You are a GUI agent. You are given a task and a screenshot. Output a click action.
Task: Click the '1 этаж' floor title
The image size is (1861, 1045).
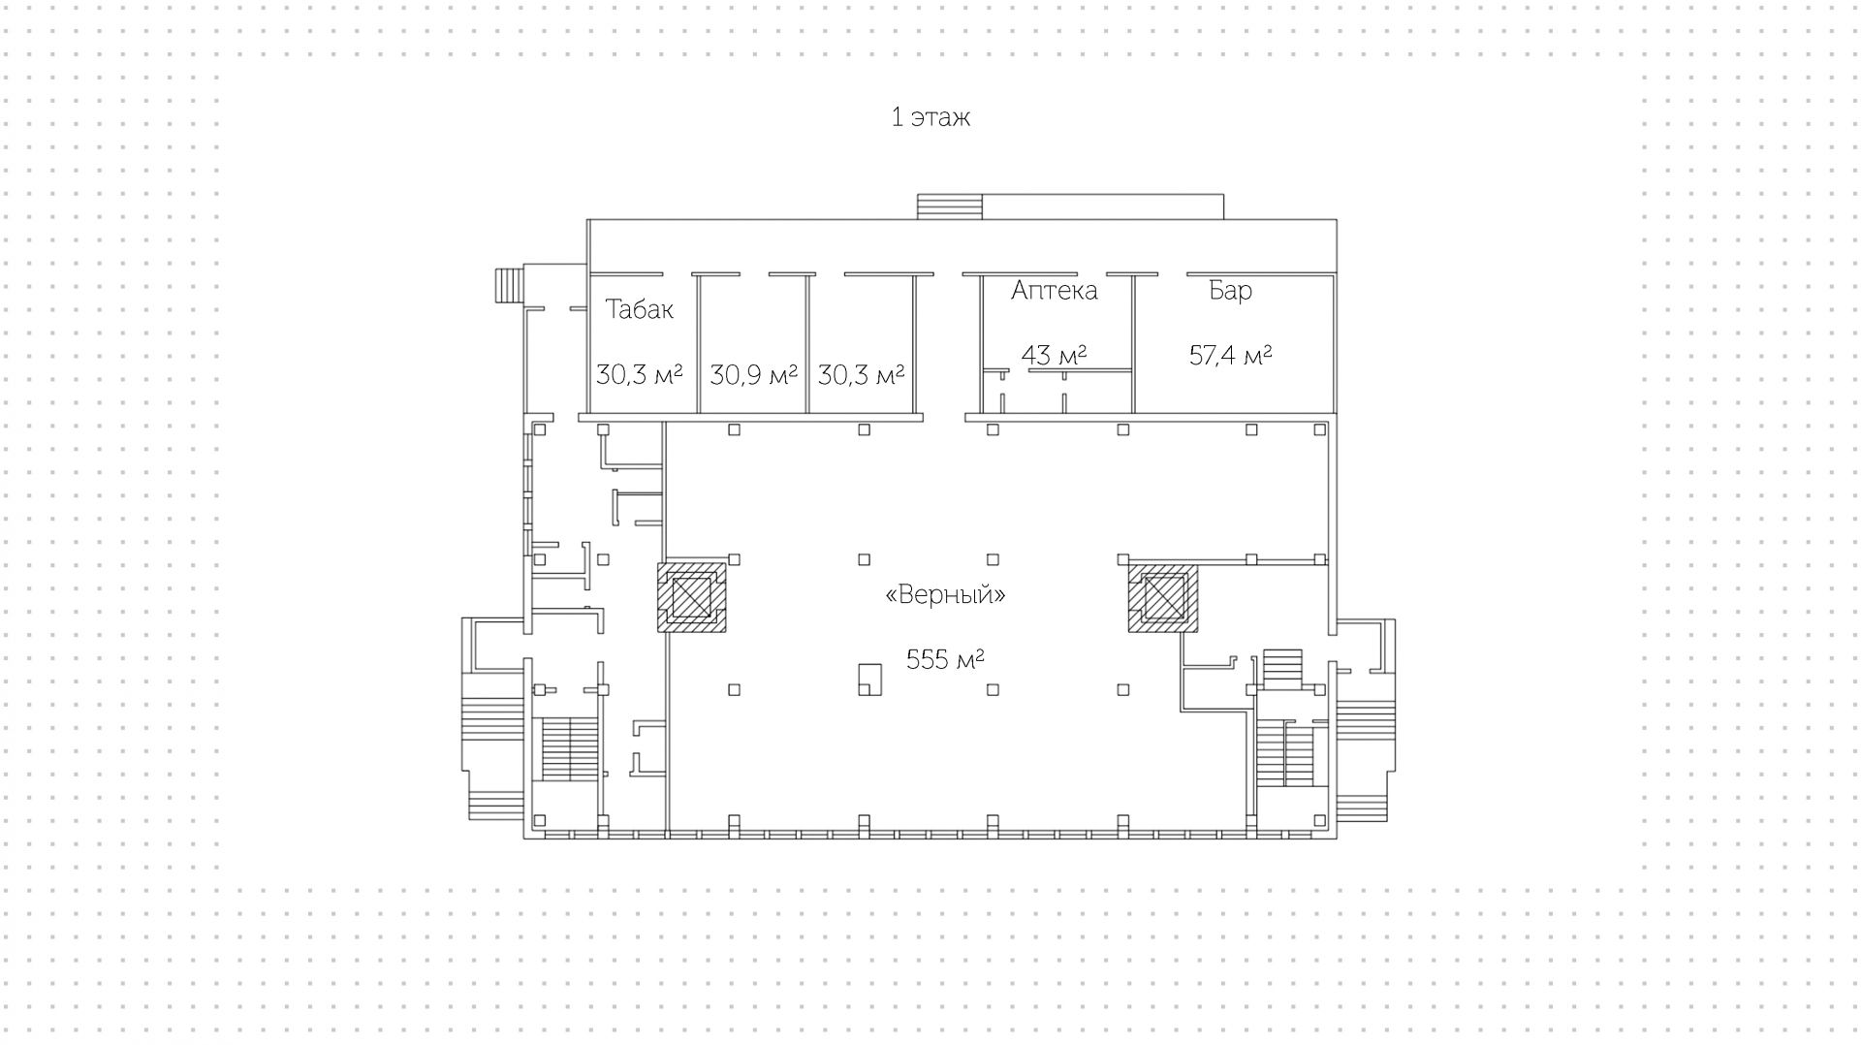[930, 118]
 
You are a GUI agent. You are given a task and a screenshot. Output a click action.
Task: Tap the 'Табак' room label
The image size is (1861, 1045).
[639, 309]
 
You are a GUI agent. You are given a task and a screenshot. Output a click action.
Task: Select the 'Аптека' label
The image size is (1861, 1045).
[1054, 291]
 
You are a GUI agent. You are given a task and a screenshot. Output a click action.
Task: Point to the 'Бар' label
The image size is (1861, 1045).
[1230, 291]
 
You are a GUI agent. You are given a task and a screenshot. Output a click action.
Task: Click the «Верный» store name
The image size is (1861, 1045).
[945, 594]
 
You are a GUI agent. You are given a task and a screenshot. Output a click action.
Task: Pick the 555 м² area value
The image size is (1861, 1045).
[945, 660]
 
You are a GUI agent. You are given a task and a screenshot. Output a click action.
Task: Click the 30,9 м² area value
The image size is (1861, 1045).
[753, 374]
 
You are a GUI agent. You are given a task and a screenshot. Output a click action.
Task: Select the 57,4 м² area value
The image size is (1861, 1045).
[1230, 355]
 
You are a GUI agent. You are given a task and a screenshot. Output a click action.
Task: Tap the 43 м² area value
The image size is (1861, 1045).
[1054, 355]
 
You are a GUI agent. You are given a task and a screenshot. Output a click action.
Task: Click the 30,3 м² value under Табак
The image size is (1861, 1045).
[639, 374]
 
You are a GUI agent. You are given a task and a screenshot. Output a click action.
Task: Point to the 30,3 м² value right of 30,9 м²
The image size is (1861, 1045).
[861, 374]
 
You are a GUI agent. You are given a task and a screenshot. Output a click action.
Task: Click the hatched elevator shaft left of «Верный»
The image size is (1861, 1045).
[692, 597]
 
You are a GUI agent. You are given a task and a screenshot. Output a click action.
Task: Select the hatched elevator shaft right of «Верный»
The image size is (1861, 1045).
[1163, 597]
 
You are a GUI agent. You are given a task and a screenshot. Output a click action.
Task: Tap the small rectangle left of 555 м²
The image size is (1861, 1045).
[869, 679]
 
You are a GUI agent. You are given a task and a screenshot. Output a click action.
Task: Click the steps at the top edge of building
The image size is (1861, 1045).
[950, 207]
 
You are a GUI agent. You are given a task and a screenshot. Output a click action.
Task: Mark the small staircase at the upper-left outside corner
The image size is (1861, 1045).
[508, 286]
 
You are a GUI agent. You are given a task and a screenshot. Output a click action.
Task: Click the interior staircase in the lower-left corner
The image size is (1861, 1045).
[569, 748]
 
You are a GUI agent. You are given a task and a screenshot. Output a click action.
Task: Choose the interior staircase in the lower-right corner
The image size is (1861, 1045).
[1286, 754]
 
